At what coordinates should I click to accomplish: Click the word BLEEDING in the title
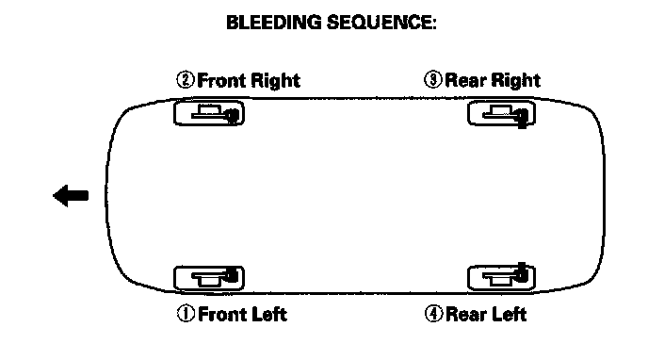(x=273, y=23)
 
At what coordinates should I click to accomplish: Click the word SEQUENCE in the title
(x=381, y=23)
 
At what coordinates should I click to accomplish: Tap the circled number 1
(x=186, y=314)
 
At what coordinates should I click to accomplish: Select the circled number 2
(x=186, y=80)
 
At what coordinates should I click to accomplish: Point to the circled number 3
(x=433, y=79)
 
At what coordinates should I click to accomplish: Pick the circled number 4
(x=433, y=314)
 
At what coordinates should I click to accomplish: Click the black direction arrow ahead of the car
(x=71, y=195)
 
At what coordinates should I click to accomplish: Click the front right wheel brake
(x=209, y=112)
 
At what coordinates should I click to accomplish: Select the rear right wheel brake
(x=502, y=113)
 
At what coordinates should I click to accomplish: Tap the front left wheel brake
(x=209, y=278)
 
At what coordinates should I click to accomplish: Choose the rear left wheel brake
(x=502, y=276)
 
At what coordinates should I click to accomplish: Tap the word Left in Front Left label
(x=269, y=314)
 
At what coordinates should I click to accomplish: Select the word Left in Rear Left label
(x=509, y=314)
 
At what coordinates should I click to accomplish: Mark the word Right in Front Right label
(x=275, y=81)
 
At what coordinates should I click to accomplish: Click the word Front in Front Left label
(x=222, y=314)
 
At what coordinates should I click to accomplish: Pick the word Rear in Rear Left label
(x=464, y=314)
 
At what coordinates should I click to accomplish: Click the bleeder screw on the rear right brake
(x=523, y=118)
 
